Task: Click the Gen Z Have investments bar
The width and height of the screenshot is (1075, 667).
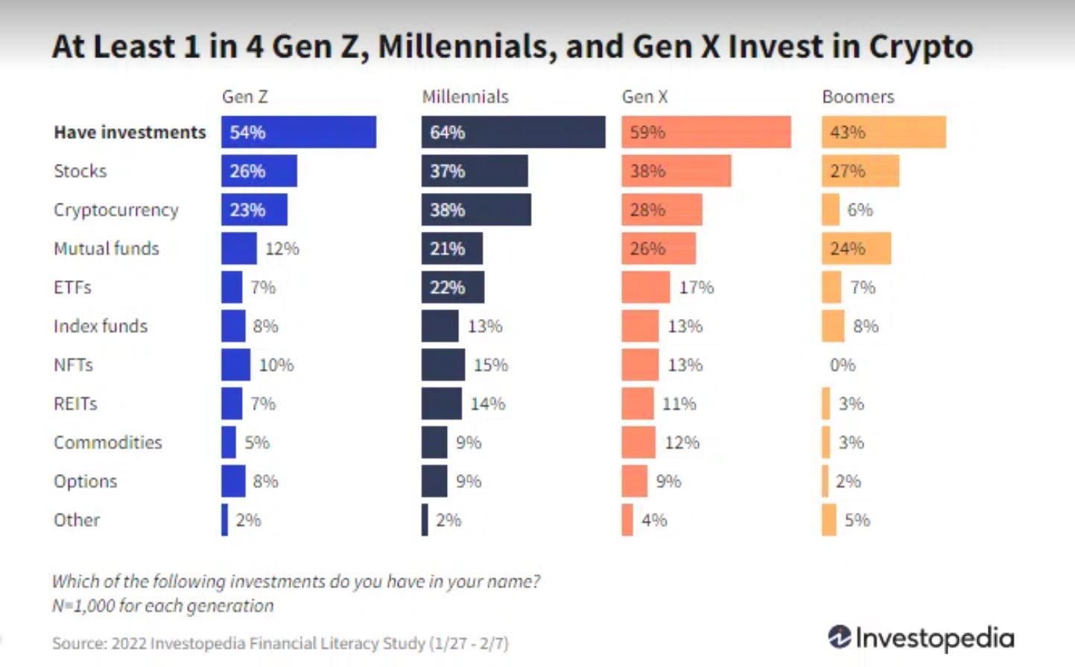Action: [x=298, y=132]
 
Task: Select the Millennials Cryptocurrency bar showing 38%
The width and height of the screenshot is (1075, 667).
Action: [x=476, y=209]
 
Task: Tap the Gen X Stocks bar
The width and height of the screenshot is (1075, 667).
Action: [x=676, y=171]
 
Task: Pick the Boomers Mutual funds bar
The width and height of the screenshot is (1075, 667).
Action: [x=856, y=248]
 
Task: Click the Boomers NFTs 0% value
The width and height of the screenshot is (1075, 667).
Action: [x=843, y=365]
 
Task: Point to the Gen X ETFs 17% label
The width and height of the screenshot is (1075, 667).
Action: [x=696, y=288]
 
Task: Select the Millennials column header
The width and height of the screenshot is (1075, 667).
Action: [x=465, y=97]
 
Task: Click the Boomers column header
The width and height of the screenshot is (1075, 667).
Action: [x=857, y=97]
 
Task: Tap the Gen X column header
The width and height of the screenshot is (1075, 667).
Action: [x=644, y=97]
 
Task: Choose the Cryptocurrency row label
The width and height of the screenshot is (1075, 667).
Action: [x=115, y=210]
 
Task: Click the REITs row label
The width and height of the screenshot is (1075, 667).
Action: [x=75, y=404]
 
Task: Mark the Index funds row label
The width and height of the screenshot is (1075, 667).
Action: [x=100, y=326]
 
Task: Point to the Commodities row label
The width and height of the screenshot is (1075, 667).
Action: [x=107, y=443]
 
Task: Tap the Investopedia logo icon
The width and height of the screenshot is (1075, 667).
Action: [x=840, y=637]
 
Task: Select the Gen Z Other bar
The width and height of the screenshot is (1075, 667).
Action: [x=224, y=520]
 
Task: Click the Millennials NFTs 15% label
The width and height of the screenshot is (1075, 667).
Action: [x=490, y=365]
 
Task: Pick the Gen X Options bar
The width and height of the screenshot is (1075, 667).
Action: [x=635, y=481]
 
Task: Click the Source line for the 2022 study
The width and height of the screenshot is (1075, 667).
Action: [x=280, y=643]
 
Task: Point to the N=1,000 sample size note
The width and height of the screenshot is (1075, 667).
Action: [x=162, y=606]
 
